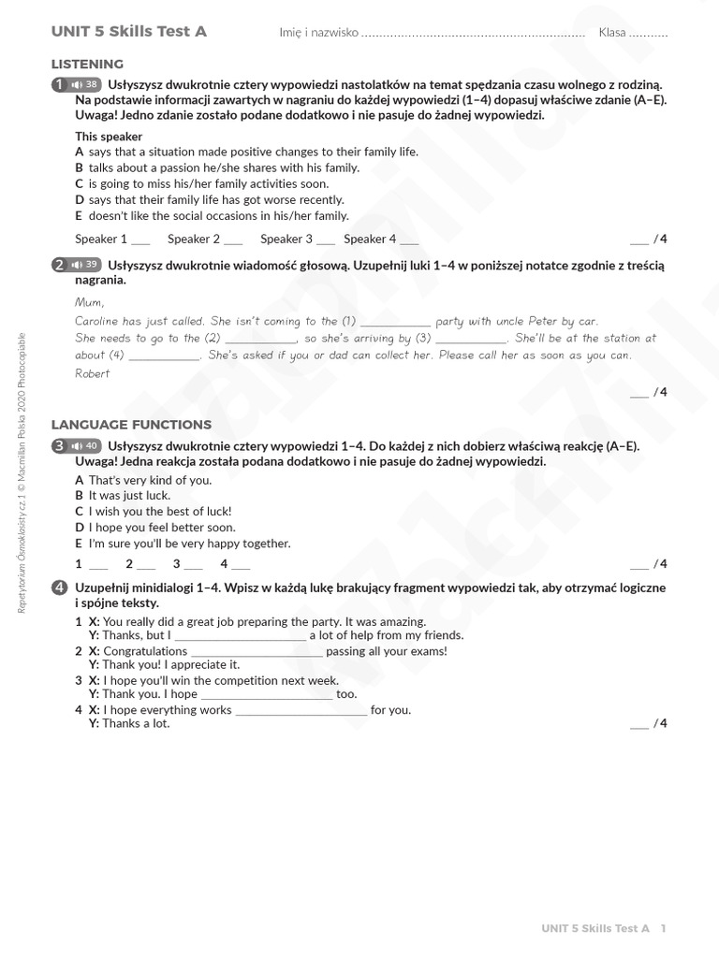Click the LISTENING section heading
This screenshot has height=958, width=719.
pos(87,65)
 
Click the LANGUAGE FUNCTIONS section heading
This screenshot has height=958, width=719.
pos(131,425)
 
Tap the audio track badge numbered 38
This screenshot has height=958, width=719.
pos(85,84)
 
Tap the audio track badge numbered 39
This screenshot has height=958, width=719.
pos(85,265)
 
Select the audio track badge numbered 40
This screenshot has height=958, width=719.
pos(85,445)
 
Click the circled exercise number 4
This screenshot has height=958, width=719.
pos(60,588)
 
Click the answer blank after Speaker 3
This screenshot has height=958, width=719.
pos(326,240)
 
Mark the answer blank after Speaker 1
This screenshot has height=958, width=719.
pos(140,240)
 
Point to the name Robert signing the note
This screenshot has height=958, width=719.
pos(92,373)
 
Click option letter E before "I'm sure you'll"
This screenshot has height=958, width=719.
pos(79,544)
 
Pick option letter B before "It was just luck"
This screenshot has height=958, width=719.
pos(79,495)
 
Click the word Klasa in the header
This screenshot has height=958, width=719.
pos(612,33)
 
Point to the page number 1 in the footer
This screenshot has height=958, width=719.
pos(663,929)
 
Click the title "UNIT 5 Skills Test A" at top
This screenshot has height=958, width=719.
pos(129,32)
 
